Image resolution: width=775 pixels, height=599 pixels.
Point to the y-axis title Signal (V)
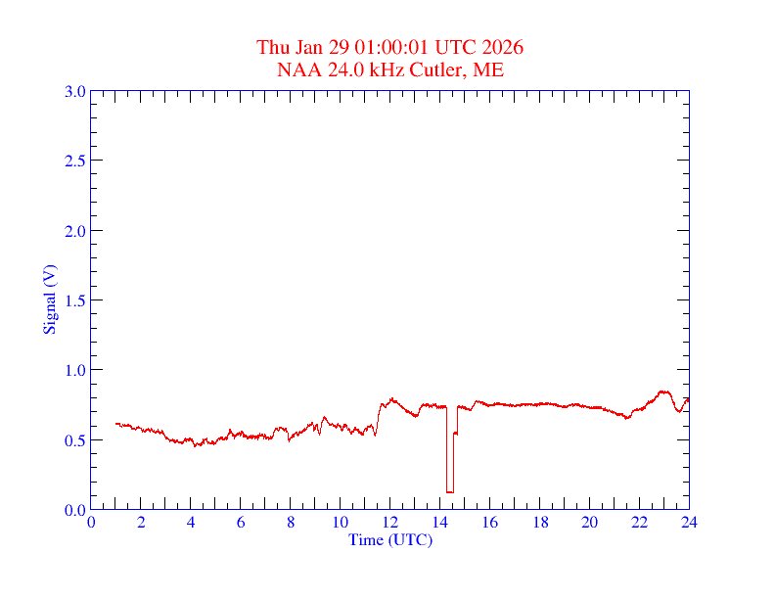(49, 299)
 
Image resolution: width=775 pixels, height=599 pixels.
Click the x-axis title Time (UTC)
(389, 539)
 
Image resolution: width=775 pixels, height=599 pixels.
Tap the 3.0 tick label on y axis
(74, 91)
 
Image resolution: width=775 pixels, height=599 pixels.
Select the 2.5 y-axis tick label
(74, 161)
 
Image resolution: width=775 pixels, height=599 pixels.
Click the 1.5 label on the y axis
(74, 300)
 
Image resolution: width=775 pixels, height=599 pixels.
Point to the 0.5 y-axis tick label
(74, 440)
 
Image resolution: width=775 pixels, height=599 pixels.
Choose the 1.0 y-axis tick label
(74, 370)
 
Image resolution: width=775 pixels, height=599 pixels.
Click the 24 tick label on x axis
(689, 523)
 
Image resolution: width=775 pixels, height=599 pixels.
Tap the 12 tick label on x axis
(389, 523)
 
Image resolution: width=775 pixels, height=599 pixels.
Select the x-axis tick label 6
(241, 523)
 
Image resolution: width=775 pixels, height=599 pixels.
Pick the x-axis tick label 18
(539, 523)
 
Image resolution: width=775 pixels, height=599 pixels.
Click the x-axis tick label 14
(439, 523)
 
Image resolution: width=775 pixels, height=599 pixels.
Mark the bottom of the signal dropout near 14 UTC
(449, 491)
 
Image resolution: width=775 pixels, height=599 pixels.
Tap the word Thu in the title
(273, 48)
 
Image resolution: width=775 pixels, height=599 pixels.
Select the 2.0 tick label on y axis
(74, 231)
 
